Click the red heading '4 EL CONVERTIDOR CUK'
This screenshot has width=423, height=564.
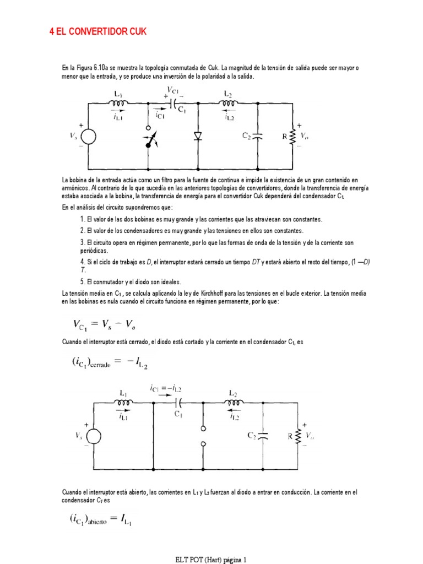(x=99, y=31)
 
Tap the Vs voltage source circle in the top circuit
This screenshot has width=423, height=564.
(x=88, y=137)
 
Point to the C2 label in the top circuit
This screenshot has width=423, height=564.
(x=248, y=135)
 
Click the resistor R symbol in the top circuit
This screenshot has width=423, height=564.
(x=292, y=135)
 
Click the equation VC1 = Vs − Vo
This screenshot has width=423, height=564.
(x=107, y=324)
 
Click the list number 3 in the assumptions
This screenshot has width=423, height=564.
(x=83, y=242)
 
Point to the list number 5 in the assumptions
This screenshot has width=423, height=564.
(x=83, y=282)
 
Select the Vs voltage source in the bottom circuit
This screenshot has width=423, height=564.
(x=93, y=437)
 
